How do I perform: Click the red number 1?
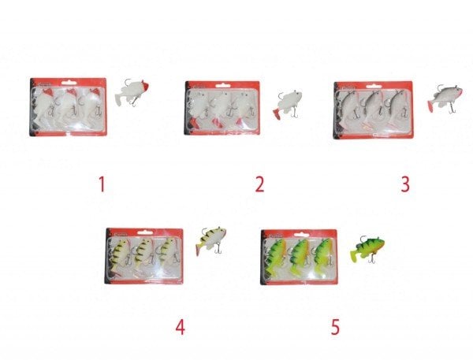[101, 184]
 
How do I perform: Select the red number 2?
[258, 184]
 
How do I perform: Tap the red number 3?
[405, 184]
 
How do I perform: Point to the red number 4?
[181, 326]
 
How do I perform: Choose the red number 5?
[334, 326]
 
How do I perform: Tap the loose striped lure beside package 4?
[211, 237]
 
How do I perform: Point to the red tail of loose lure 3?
[432, 103]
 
